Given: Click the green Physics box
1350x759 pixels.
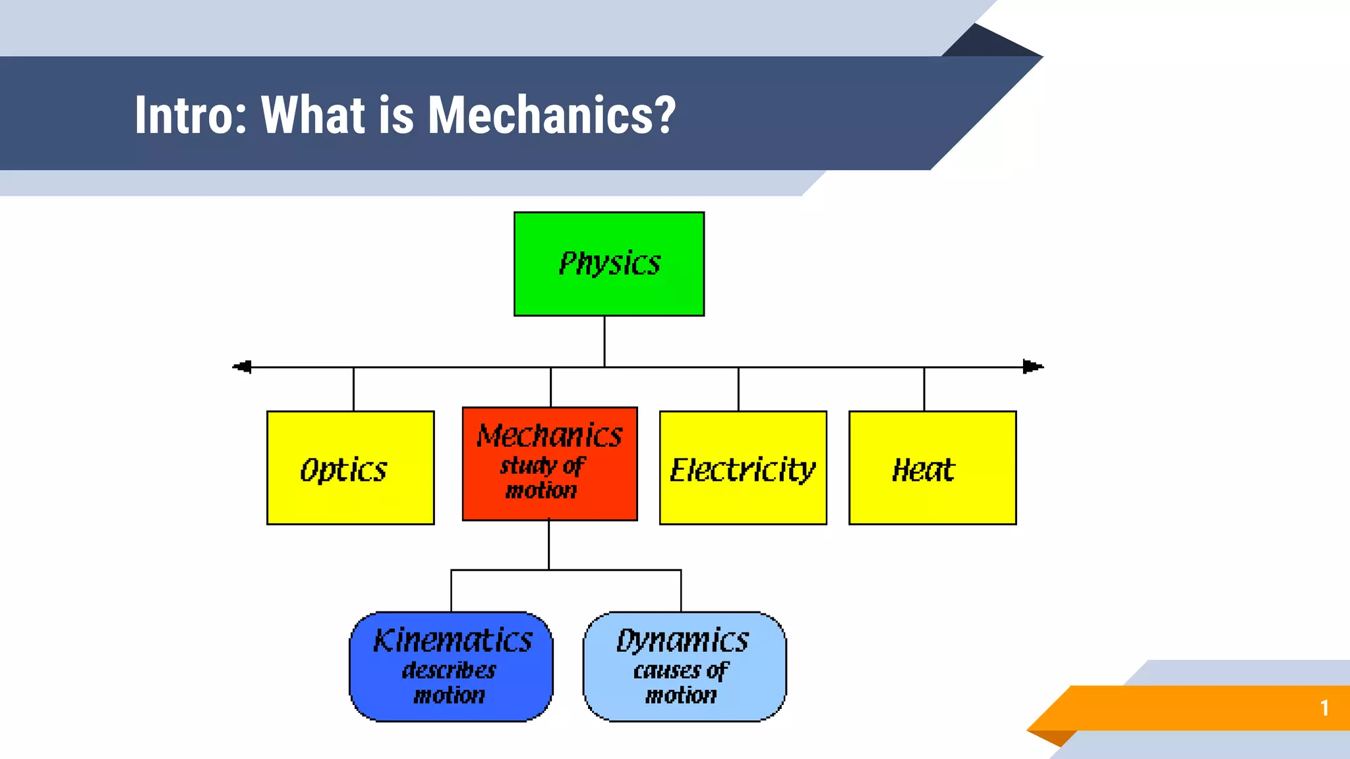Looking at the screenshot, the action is [x=608, y=264].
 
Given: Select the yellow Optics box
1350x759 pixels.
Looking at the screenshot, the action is [x=350, y=468].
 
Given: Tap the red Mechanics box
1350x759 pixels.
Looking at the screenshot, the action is [x=550, y=464].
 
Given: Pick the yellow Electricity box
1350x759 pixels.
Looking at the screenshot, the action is [x=743, y=468].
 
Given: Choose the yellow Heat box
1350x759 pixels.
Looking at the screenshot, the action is [x=932, y=468].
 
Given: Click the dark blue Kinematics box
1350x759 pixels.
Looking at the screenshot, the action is [x=451, y=667].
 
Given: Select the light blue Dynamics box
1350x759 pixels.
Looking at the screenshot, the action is [x=684, y=667].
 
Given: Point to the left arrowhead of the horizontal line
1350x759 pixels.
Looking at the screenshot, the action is [x=243, y=367].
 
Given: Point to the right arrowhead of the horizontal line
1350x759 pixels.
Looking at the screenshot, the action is [x=1033, y=367].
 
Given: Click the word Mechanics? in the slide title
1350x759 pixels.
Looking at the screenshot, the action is [x=552, y=115].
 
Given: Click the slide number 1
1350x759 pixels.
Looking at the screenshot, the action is [x=1324, y=708].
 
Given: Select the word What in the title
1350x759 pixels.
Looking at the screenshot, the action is [x=314, y=115].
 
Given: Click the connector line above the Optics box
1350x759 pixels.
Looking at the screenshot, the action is [x=353, y=389].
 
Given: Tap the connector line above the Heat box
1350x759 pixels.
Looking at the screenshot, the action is [x=924, y=389].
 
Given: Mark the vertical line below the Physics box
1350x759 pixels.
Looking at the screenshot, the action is [x=604, y=341].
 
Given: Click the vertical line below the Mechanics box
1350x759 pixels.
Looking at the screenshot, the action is [x=548, y=545].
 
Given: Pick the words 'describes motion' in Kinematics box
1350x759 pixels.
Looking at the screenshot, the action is [x=450, y=683].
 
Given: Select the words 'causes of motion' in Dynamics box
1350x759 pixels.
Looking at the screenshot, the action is [x=681, y=683].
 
